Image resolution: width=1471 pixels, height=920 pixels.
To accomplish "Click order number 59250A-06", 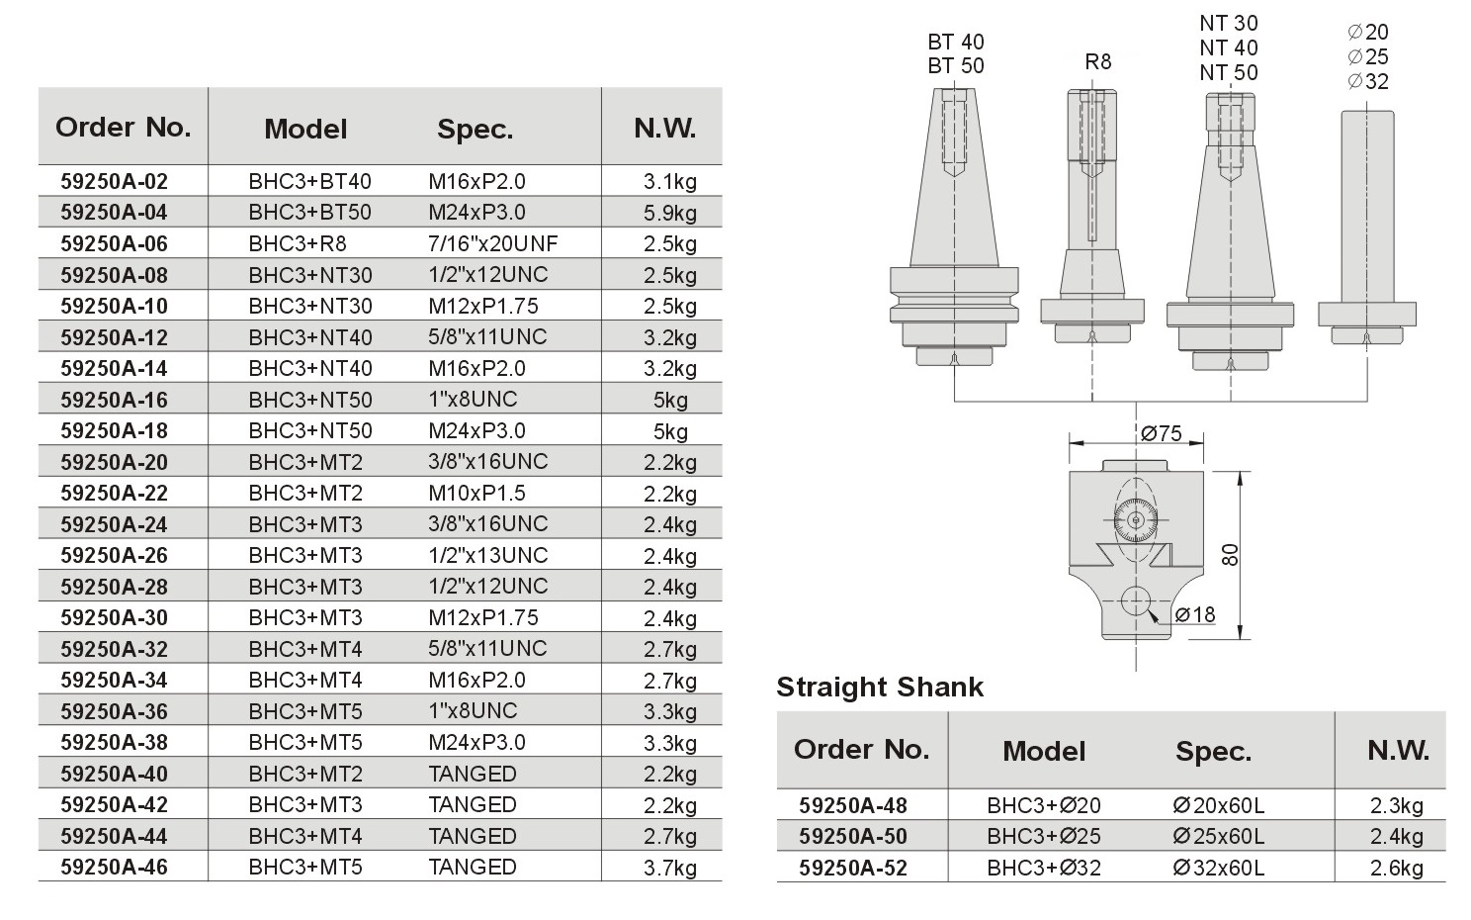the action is click(x=115, y=243).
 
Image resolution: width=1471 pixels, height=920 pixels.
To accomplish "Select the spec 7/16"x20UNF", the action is click(x=492, y=243).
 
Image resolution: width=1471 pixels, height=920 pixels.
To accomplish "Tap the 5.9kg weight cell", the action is click(x=670, y=213).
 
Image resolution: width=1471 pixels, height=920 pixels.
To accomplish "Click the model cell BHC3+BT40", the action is click(x=310, y=181).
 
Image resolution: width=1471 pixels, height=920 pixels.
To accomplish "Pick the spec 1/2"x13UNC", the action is click(x=488, y=555).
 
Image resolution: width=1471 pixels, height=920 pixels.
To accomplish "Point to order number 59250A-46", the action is click(x=115, y=868).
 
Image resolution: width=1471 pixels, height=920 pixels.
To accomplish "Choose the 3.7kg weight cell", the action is click(x=670, y=869).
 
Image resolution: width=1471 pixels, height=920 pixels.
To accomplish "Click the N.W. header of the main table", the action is click(x=664, y=129).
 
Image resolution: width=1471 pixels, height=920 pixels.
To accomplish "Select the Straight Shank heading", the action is click(x=880, y=688).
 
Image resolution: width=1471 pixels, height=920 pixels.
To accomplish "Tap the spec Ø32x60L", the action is click(x=1218, y=869).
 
